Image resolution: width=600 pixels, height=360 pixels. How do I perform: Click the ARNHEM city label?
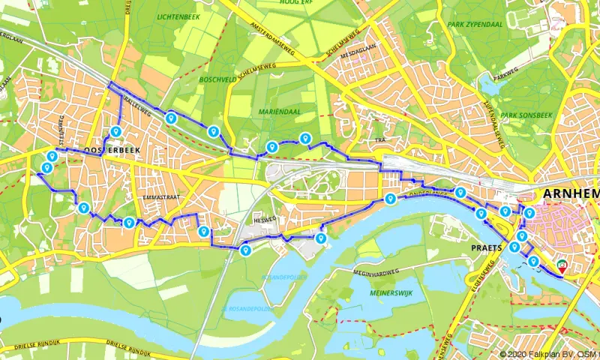pos(571,193)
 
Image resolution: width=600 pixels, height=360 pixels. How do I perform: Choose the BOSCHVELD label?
pos(219,78)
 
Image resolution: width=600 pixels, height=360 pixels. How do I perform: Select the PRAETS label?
pos(486,244)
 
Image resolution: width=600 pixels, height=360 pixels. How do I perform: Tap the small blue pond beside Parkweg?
pos(496,79)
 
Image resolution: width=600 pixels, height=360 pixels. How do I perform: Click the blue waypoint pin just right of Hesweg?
pos(321,238)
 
